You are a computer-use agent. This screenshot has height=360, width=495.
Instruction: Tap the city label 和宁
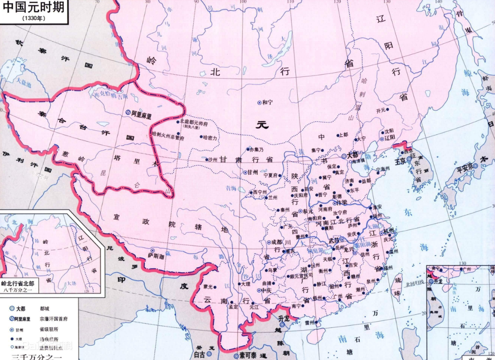click(268, 103)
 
